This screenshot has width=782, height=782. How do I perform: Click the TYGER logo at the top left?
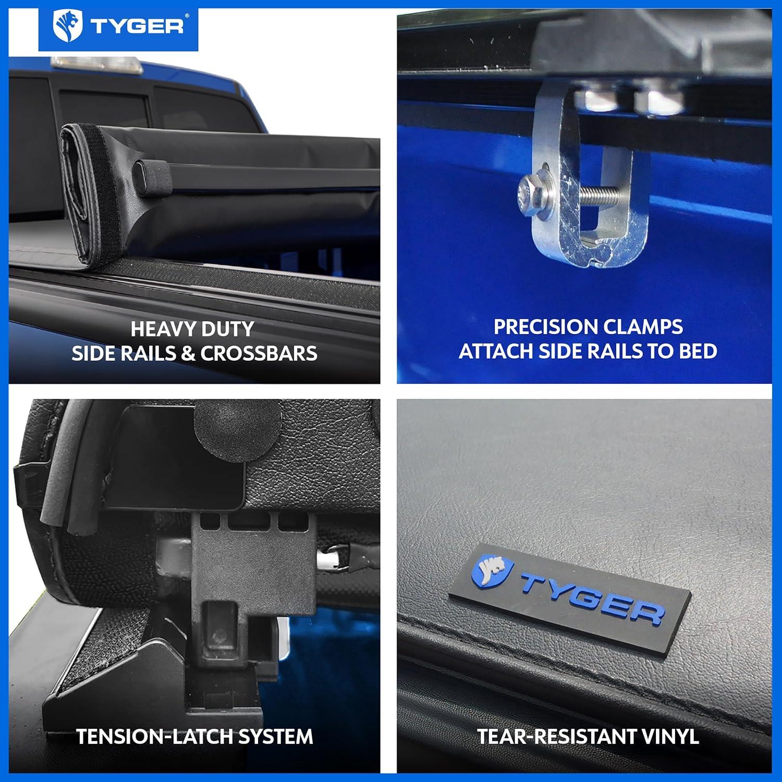point(118,26)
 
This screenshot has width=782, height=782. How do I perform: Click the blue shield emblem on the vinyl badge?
point(492,570)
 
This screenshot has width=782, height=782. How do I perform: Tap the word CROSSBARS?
point(259,353)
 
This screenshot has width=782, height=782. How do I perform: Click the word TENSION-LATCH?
point(154,737)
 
